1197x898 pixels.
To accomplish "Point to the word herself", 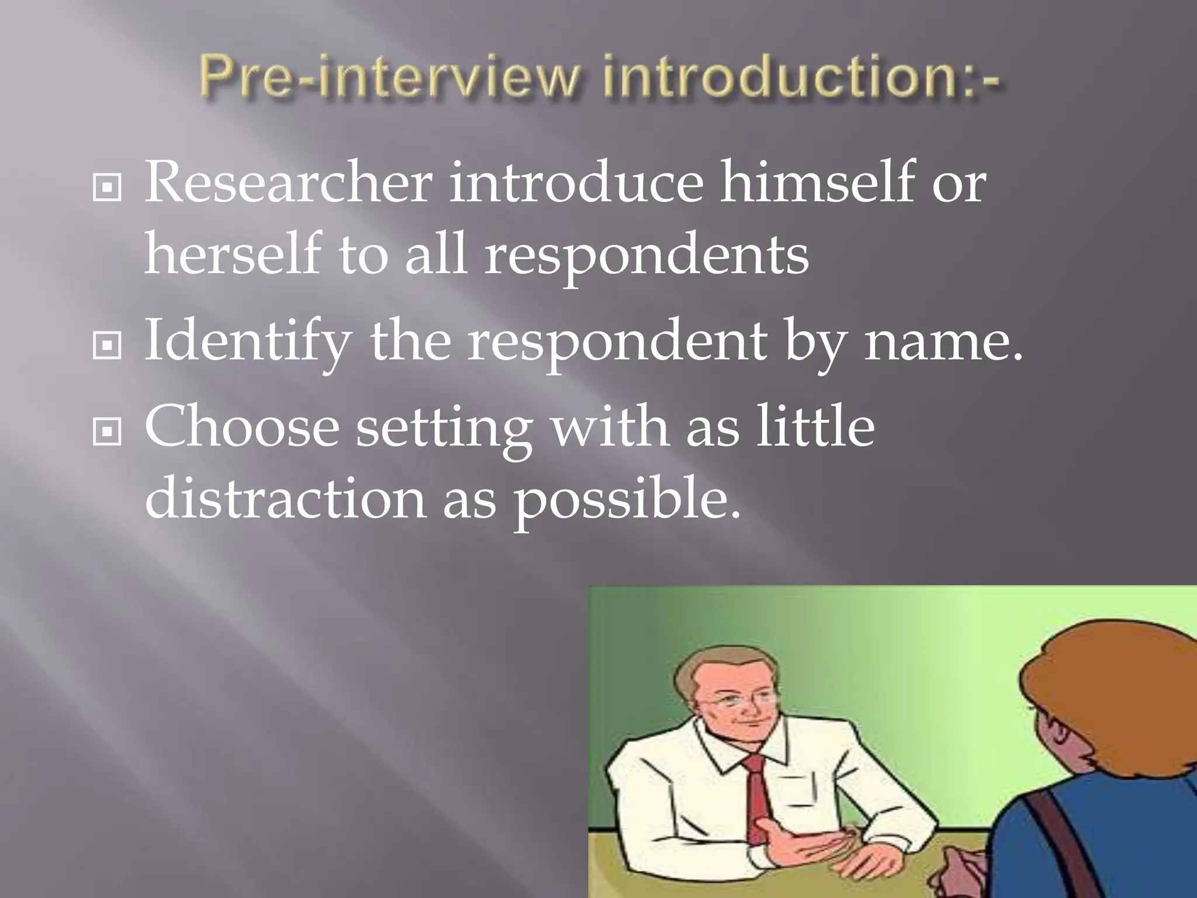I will [x=233, y=254].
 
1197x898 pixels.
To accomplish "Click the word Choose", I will [x=241, y=427].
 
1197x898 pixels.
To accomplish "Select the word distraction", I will [x=285, y=498].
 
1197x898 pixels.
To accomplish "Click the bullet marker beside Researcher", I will [x=107, y=189].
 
